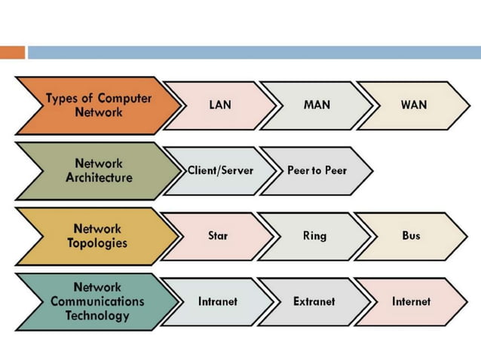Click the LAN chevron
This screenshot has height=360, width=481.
[220, 105]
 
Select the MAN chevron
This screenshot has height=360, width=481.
[317, 105]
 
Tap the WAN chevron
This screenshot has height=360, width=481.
[413, 105]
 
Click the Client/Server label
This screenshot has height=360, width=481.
[221, 170]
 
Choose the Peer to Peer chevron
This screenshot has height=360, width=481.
[317, 170]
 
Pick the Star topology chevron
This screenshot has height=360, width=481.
[218, 236]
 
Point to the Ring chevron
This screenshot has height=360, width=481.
[314, 236]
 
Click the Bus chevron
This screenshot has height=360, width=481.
[411, 236]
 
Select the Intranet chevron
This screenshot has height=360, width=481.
[217, 301]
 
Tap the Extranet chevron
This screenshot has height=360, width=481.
[314, 301]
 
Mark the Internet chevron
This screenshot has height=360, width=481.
[411, 301]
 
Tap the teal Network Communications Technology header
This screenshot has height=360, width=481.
[94, 301]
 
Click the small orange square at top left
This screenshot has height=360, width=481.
[12, 53]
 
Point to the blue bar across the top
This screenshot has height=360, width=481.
[253, 53]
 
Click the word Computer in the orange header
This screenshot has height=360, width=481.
[124, 99]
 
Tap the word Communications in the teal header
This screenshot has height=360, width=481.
[98, 301]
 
